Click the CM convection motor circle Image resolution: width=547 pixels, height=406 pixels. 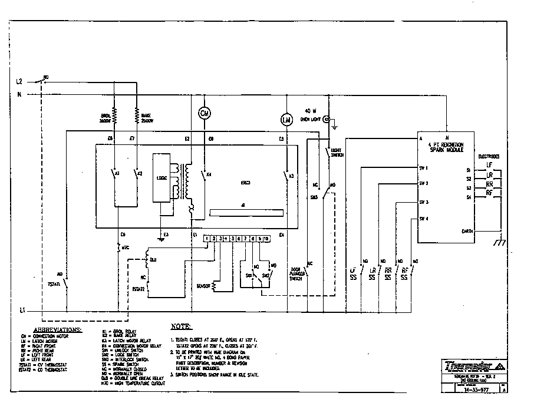point(205,113)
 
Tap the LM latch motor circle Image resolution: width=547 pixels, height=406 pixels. point(286,120)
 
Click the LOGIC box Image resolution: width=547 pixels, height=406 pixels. point(160,177)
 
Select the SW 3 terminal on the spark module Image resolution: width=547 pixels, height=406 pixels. point(423,202)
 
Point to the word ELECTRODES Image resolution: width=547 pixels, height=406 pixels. point(489,157)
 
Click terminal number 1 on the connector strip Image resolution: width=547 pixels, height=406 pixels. point(207,239)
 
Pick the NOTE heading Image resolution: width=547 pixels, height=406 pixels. point(181,326)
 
